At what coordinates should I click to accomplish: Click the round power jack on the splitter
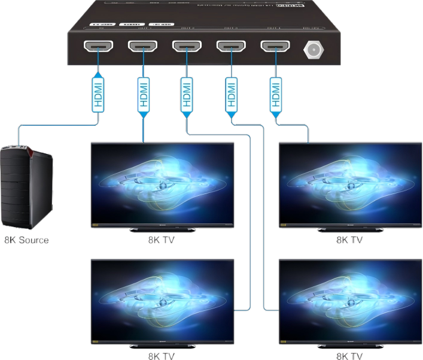(312, 49)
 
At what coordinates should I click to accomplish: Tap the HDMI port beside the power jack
(275, 46)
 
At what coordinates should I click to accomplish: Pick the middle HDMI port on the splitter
(187, 46)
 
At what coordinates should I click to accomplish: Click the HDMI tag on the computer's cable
(98, 92)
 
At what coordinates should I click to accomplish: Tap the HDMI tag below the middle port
(187, 92)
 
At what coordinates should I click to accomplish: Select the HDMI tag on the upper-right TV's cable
(275, 92)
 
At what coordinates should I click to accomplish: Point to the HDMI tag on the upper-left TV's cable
(142, 92)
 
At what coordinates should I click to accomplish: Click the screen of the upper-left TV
(162, 183)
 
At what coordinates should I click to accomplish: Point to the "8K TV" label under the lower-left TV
(162, 356)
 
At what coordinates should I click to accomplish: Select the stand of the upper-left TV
(162, 229)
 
